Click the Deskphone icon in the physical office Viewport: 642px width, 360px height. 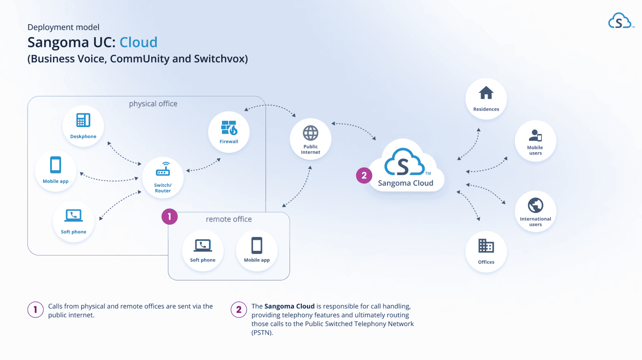(x=83, y=120)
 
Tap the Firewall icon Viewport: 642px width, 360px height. (x=229, y=128)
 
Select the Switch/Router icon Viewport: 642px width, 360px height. (x=163, y=170)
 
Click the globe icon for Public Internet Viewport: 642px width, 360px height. (x=311, y=133)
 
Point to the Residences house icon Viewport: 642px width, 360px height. (x=486, y=93)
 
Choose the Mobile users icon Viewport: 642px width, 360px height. (x=535, y=135)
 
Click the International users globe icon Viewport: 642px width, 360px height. (x=535, y=205)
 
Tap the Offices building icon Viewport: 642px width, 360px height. (x=486, y=246)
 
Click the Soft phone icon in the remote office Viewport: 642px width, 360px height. (x=203, y=245)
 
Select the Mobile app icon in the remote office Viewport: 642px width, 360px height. (x=257, y=245)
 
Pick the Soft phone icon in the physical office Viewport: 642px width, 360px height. (x=74, y=215)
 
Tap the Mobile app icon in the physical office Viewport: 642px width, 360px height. (x=56, y=165)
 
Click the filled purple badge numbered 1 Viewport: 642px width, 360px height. (x=169, y=217)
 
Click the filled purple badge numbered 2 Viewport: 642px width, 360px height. (x=364, y=176)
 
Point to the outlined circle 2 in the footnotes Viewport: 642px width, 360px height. (x=239, y=309)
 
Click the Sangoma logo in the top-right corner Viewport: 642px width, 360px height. (x=620, y=21)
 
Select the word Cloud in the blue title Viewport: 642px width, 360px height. (x=138, y=42)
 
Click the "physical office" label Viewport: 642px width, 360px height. (x=153, y=104)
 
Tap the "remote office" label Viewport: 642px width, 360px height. (x=229, y=219)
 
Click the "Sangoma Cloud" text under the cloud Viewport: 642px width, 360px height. (x=405, y=183)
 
